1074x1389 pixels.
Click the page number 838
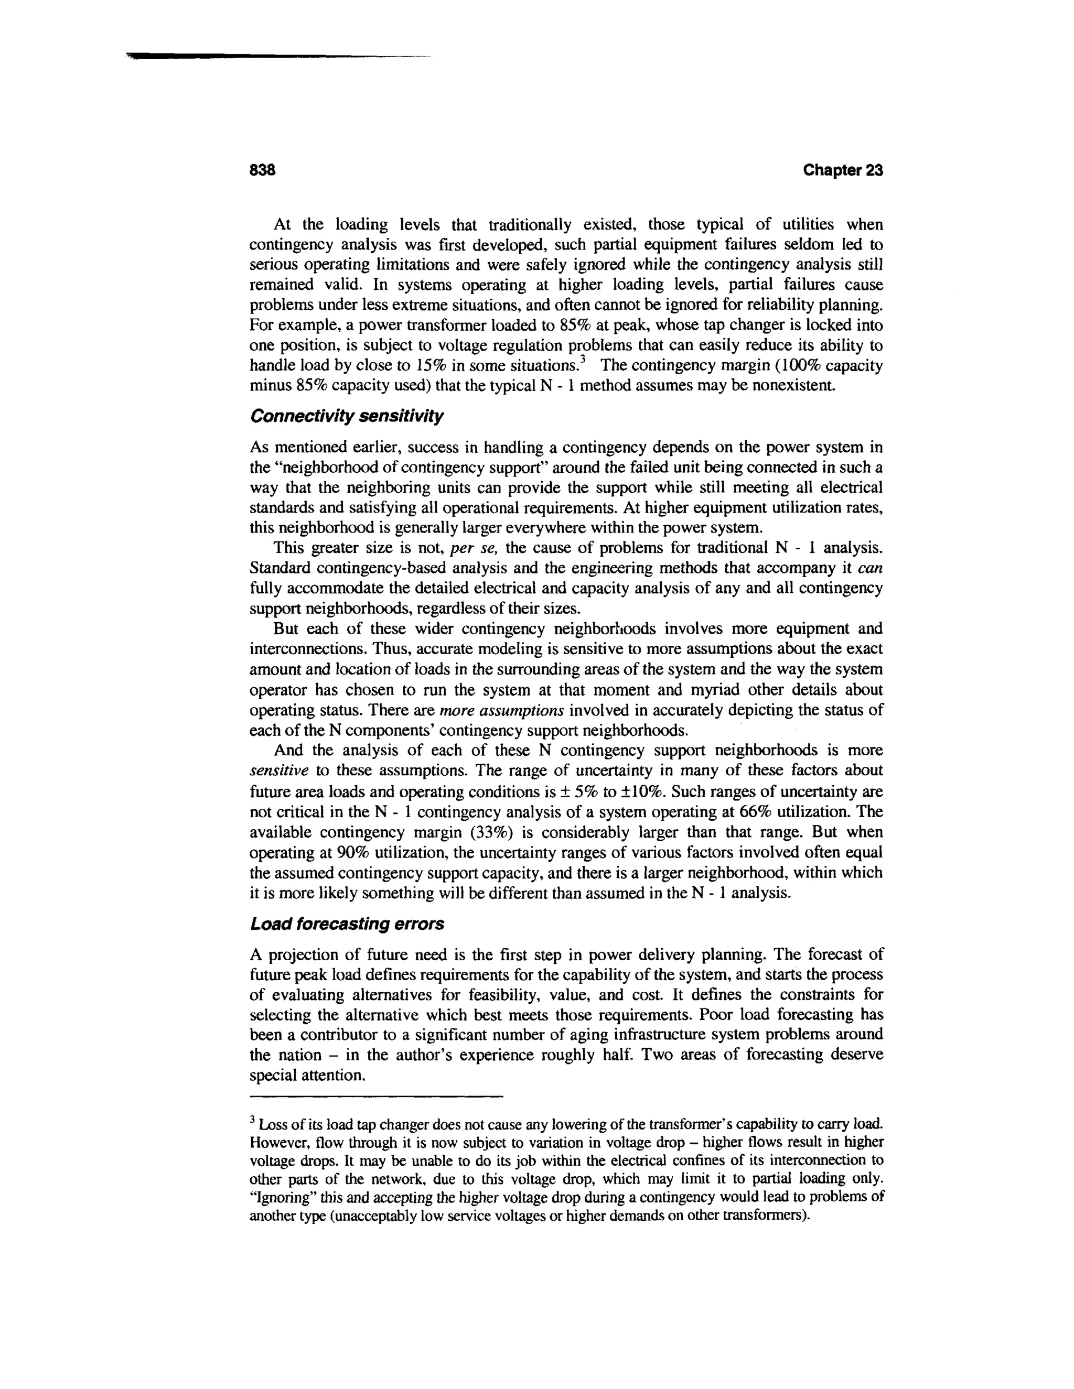[262, 170]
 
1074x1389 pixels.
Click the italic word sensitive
[278, 771]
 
